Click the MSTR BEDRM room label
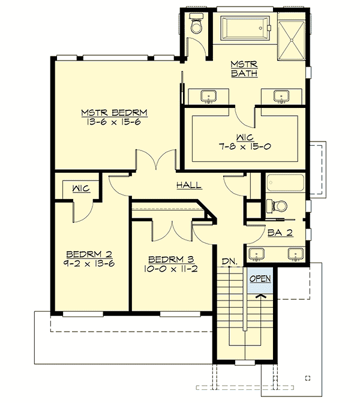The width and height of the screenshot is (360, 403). (115, 112)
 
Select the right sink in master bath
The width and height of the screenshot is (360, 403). (280, 96)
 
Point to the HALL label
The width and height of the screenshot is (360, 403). (188, 185)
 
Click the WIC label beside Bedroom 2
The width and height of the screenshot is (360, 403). (81, 189)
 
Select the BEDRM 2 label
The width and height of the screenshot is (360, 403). (85, 252)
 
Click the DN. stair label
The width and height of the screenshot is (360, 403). (228, 261)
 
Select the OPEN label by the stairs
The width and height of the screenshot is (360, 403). (260, 279)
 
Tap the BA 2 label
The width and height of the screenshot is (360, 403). (280, 233)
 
